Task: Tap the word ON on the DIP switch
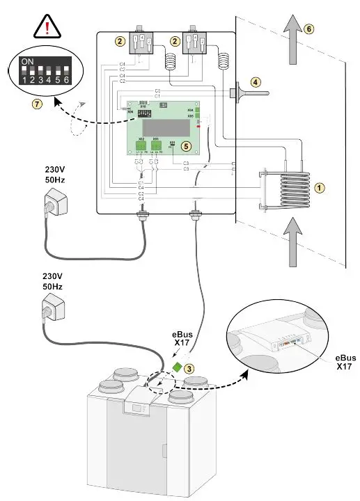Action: tap(28, 62)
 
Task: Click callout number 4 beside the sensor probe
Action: tap(256, 81)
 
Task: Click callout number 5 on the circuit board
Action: tap(185, 146)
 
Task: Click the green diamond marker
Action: tap(178, 365)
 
